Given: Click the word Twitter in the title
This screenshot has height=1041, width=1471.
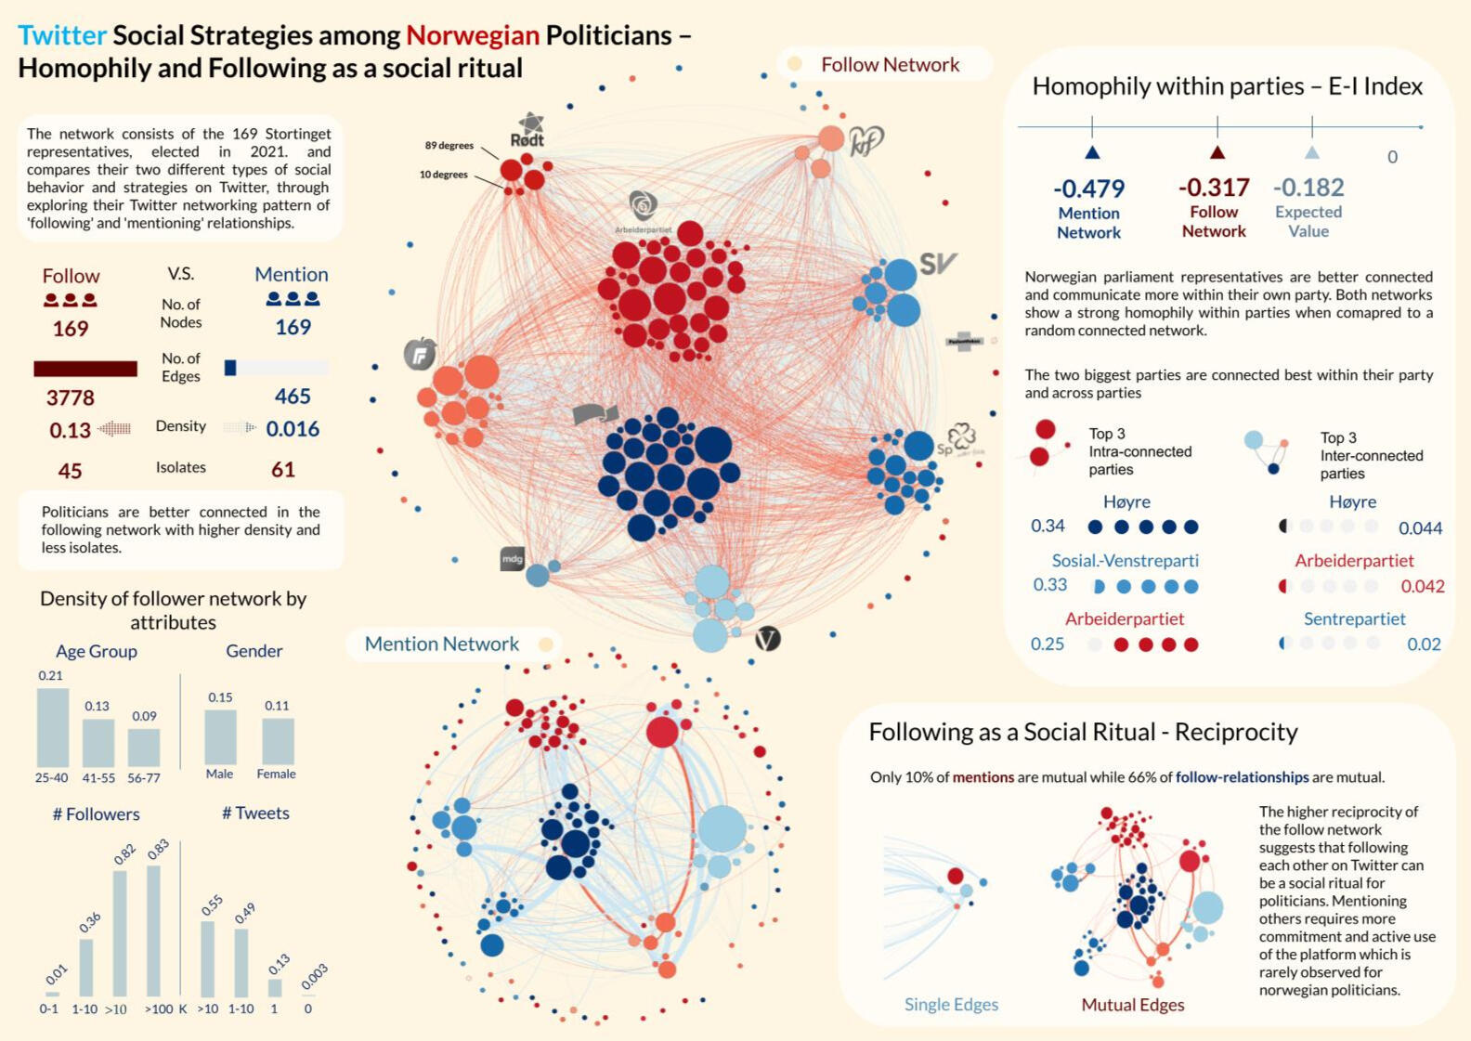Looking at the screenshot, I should click(62, 35).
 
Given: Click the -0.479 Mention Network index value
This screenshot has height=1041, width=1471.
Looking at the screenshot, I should click(1088, 189).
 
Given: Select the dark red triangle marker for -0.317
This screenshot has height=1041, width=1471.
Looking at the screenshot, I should click(1217, 152).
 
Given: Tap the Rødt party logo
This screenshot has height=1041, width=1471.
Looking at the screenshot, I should click(528, 130).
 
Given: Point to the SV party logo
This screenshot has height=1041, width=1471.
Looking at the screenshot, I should click(937, 264).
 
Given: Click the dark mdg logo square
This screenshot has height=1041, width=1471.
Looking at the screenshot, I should click(513, 558).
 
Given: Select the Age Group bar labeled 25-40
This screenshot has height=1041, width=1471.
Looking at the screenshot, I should click(53, 727).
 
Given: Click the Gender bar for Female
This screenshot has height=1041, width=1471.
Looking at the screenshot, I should click(278, 741).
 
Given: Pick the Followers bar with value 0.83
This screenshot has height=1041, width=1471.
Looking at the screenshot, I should click(154, 930).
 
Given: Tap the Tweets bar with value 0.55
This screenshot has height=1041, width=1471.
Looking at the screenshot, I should click(208, 958).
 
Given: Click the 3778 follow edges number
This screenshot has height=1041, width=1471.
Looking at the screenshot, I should click(71, 398).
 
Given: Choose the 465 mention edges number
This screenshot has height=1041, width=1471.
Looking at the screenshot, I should click(293, 397).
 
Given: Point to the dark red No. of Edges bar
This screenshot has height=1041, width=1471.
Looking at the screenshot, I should click(85, 369).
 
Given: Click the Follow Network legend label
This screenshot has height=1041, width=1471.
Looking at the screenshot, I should click(890, 65).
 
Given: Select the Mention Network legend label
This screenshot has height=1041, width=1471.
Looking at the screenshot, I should click(442, 644).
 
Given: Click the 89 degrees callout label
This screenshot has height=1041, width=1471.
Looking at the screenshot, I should click(449, 146).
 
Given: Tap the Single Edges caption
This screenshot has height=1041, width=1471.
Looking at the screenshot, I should click(951, 1004).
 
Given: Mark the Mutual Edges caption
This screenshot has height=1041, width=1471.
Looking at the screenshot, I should click(1132, 1005).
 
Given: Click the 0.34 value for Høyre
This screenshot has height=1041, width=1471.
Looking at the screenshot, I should click(1048, 527).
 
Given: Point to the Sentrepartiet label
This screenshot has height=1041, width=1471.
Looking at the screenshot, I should click(1354, 618).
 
